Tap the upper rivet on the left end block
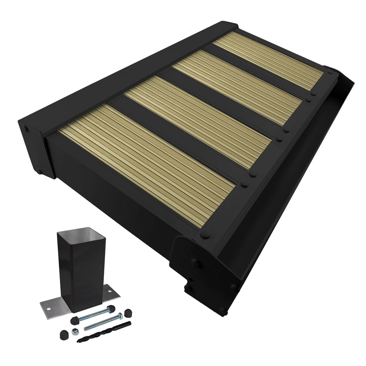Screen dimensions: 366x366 [26, 129]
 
